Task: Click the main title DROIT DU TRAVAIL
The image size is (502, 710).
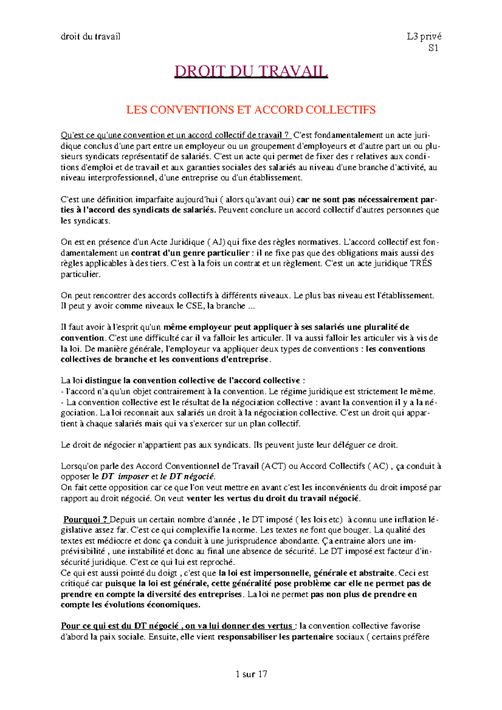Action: click(251, 72)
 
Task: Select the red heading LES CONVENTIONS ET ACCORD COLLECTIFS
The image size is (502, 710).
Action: click(251, 110)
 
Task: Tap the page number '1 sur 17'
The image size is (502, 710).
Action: click(251, 674)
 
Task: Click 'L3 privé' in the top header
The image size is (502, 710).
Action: click(424, 36)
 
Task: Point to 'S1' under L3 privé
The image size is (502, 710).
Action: click(433, 48)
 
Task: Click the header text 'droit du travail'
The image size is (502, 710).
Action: click(90, 36)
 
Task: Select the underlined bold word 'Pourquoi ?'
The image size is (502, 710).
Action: click(85, 519)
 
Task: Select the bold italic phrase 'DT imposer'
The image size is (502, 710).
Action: click(125, 477)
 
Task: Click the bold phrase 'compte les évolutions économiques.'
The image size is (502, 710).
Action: click(130, 605)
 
